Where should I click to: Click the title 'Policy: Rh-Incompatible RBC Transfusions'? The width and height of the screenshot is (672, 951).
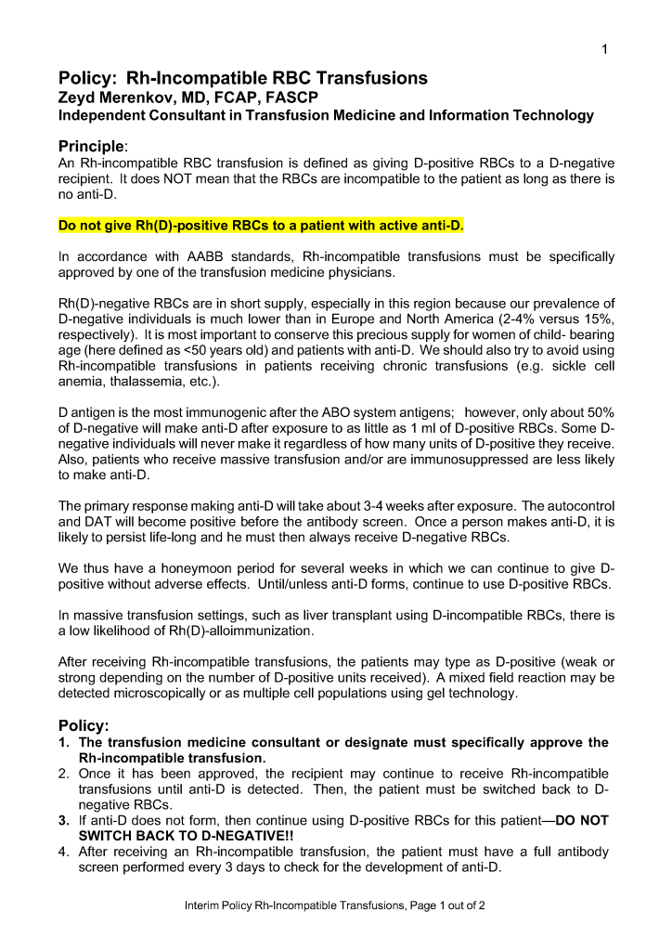click(243, 78)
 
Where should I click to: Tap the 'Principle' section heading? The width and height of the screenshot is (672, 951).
click(91, 146)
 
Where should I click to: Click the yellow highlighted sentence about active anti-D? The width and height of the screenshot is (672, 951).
click(261, 226)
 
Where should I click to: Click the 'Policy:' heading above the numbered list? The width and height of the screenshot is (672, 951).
click(84, 724)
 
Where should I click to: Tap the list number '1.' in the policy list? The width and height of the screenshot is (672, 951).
click(64, 742)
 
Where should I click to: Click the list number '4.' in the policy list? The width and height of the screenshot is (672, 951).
click(64, 852)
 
